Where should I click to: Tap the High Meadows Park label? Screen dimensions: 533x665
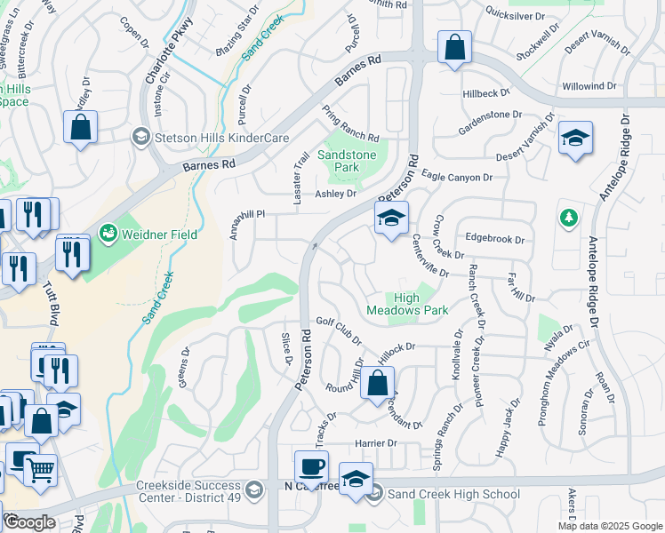click(x=408, y=304)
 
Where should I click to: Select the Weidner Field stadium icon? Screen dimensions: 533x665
click(x=108, y=233)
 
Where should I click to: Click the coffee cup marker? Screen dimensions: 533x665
click(x=311, y=467)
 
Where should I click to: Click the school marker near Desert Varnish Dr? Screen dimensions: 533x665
click(x=575, y=138)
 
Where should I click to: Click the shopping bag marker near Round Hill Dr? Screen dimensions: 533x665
click(x=377, y=384)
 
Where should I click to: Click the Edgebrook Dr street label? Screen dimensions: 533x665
click(x=495, y=239)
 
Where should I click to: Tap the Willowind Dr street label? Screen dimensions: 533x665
click(x=589, y=86)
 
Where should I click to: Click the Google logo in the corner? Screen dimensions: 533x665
click(x=29, y=522)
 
